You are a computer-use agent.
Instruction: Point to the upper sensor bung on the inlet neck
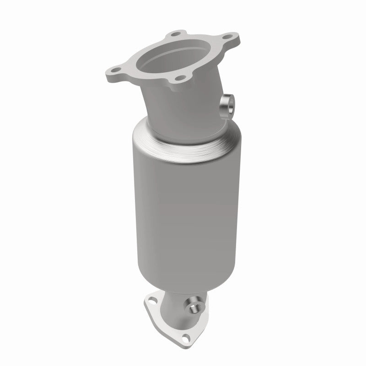(227, 104)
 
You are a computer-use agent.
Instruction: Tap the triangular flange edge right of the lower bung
(205, 311)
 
